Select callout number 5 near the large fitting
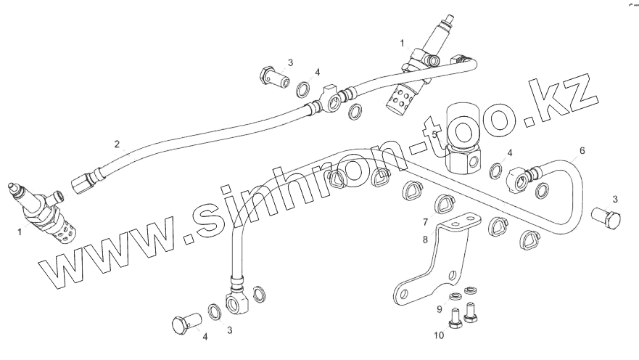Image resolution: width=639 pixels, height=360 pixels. tap(434, 134)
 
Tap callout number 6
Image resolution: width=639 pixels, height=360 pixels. tap(581, 152)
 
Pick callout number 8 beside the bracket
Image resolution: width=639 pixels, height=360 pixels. tap(426, 238)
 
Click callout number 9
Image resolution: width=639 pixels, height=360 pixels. tap(439, 310)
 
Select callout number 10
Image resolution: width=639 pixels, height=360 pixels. tap(438, 335)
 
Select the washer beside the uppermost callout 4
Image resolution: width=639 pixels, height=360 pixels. tap(304, 91)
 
